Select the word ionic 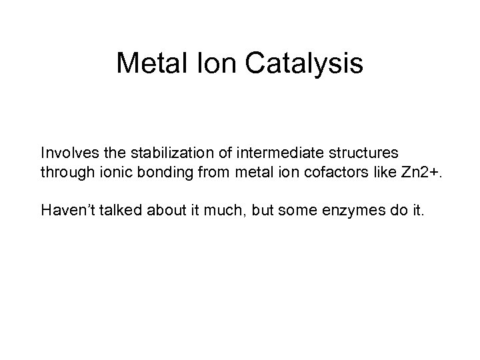click(x=108, y=173)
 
